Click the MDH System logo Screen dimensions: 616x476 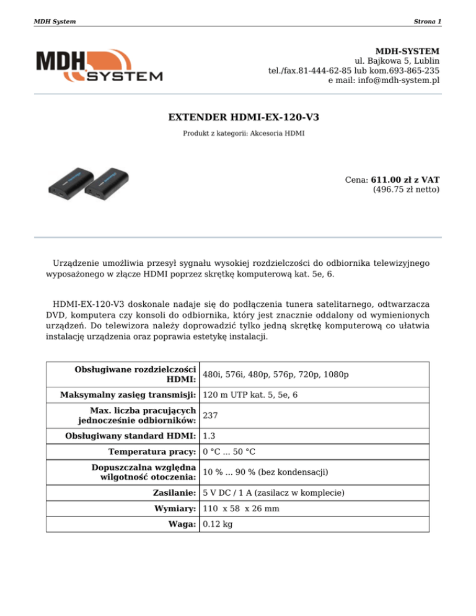pos(99,66)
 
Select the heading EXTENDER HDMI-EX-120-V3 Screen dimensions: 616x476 pos(239,117)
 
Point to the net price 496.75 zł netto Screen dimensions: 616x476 pos(406,190)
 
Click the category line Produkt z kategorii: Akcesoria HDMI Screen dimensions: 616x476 pos(244,133)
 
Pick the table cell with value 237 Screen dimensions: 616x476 pos(211,416)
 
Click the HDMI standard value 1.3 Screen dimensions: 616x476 pos(209,436)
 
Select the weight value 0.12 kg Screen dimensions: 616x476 pos(217,524)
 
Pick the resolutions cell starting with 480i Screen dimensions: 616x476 pos(275,375)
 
